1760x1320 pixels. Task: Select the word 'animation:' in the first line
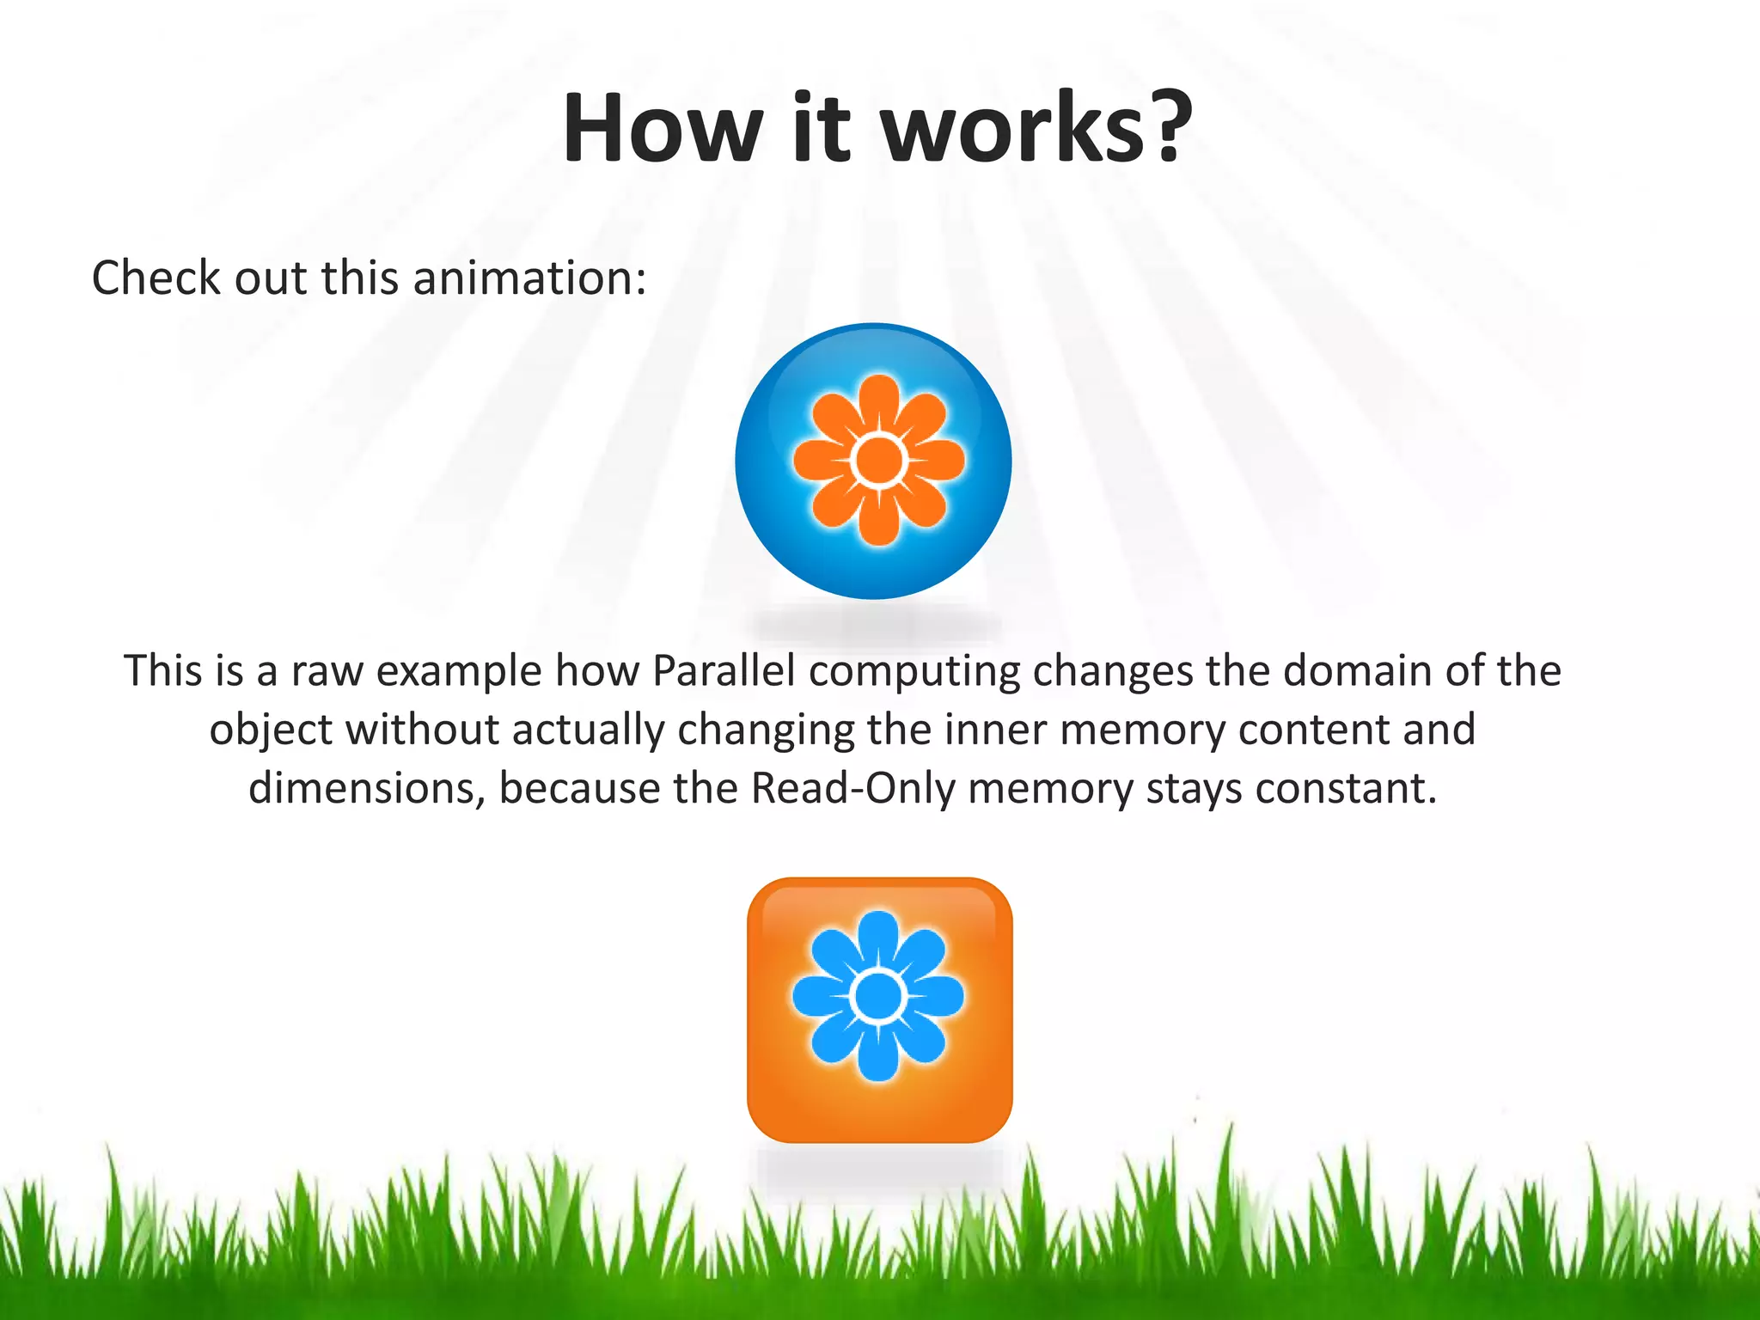click(x=529, y=278)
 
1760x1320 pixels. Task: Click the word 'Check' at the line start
click(x=156, y=278)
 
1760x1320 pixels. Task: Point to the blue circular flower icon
click(x=873, y=461)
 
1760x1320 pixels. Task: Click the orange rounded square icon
click(x=879, y=1011)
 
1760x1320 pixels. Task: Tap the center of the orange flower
click(x=878, y=461)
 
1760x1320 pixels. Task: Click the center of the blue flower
click(x=877, y=997)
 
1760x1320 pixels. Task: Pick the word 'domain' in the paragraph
click(x=1357, y=671)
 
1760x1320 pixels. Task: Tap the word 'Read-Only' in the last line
click(x=852, y=789)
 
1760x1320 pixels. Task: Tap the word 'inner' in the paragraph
click(x=999, y=730)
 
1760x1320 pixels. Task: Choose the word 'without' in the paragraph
click(x=420, y=730)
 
